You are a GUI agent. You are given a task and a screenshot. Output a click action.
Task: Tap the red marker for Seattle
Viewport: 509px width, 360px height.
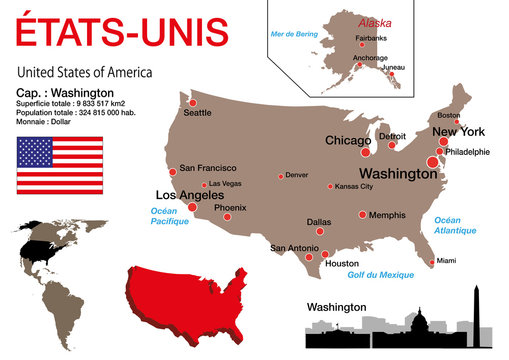tap(192, 101)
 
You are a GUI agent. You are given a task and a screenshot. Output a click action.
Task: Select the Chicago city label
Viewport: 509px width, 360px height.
tap(349, 140)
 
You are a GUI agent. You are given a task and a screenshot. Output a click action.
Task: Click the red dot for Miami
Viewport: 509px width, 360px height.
tap(431, 262)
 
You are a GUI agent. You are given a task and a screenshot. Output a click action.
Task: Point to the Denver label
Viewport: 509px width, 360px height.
tap(296, 175)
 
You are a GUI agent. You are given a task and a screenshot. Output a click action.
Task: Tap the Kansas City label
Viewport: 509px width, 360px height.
tap(354, 186)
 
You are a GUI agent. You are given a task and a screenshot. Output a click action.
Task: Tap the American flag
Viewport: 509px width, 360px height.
tap(59, 165)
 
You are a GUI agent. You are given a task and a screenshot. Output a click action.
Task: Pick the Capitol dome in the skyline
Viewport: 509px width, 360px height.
tap(407, 321)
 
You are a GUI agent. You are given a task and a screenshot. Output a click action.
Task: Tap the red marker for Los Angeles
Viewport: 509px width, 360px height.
tap(192, 208)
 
